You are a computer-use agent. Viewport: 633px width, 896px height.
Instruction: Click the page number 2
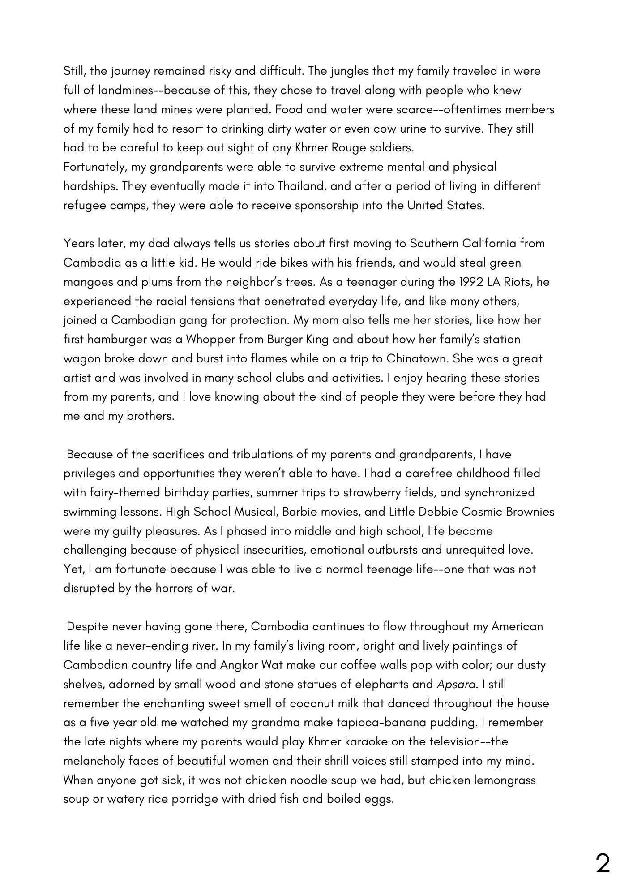click(x=603, y=863)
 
